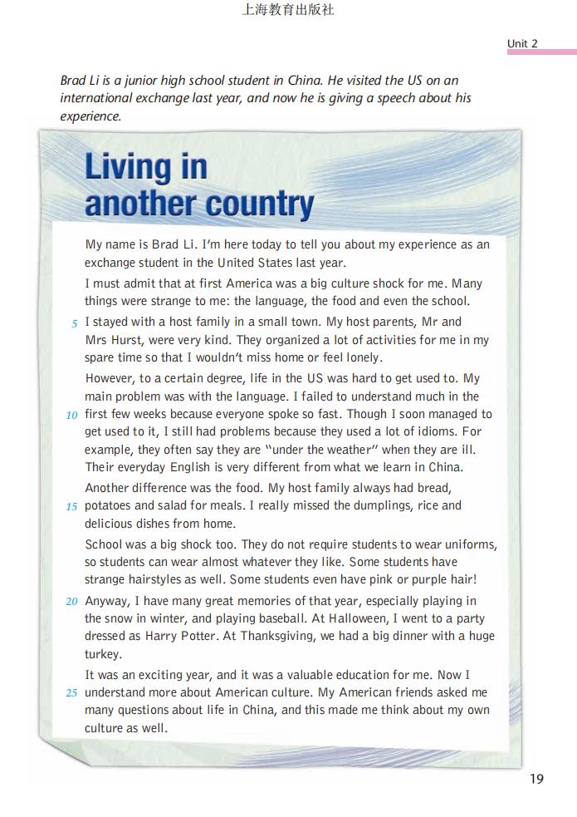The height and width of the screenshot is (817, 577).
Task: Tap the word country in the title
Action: pos(261,204)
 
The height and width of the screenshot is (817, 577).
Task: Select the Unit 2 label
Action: pos(522,43)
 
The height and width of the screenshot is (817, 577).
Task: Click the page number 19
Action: pos(535,779)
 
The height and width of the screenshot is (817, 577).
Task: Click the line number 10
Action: pos(71,415)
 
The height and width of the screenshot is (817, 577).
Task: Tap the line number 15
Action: pos(71,506)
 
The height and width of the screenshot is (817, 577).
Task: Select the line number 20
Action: pos(71,601)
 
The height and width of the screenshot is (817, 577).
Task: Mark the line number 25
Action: pos(71,692)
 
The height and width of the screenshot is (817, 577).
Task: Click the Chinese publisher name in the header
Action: pos(288,11)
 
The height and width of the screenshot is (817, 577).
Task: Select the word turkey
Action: pos(103,654)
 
